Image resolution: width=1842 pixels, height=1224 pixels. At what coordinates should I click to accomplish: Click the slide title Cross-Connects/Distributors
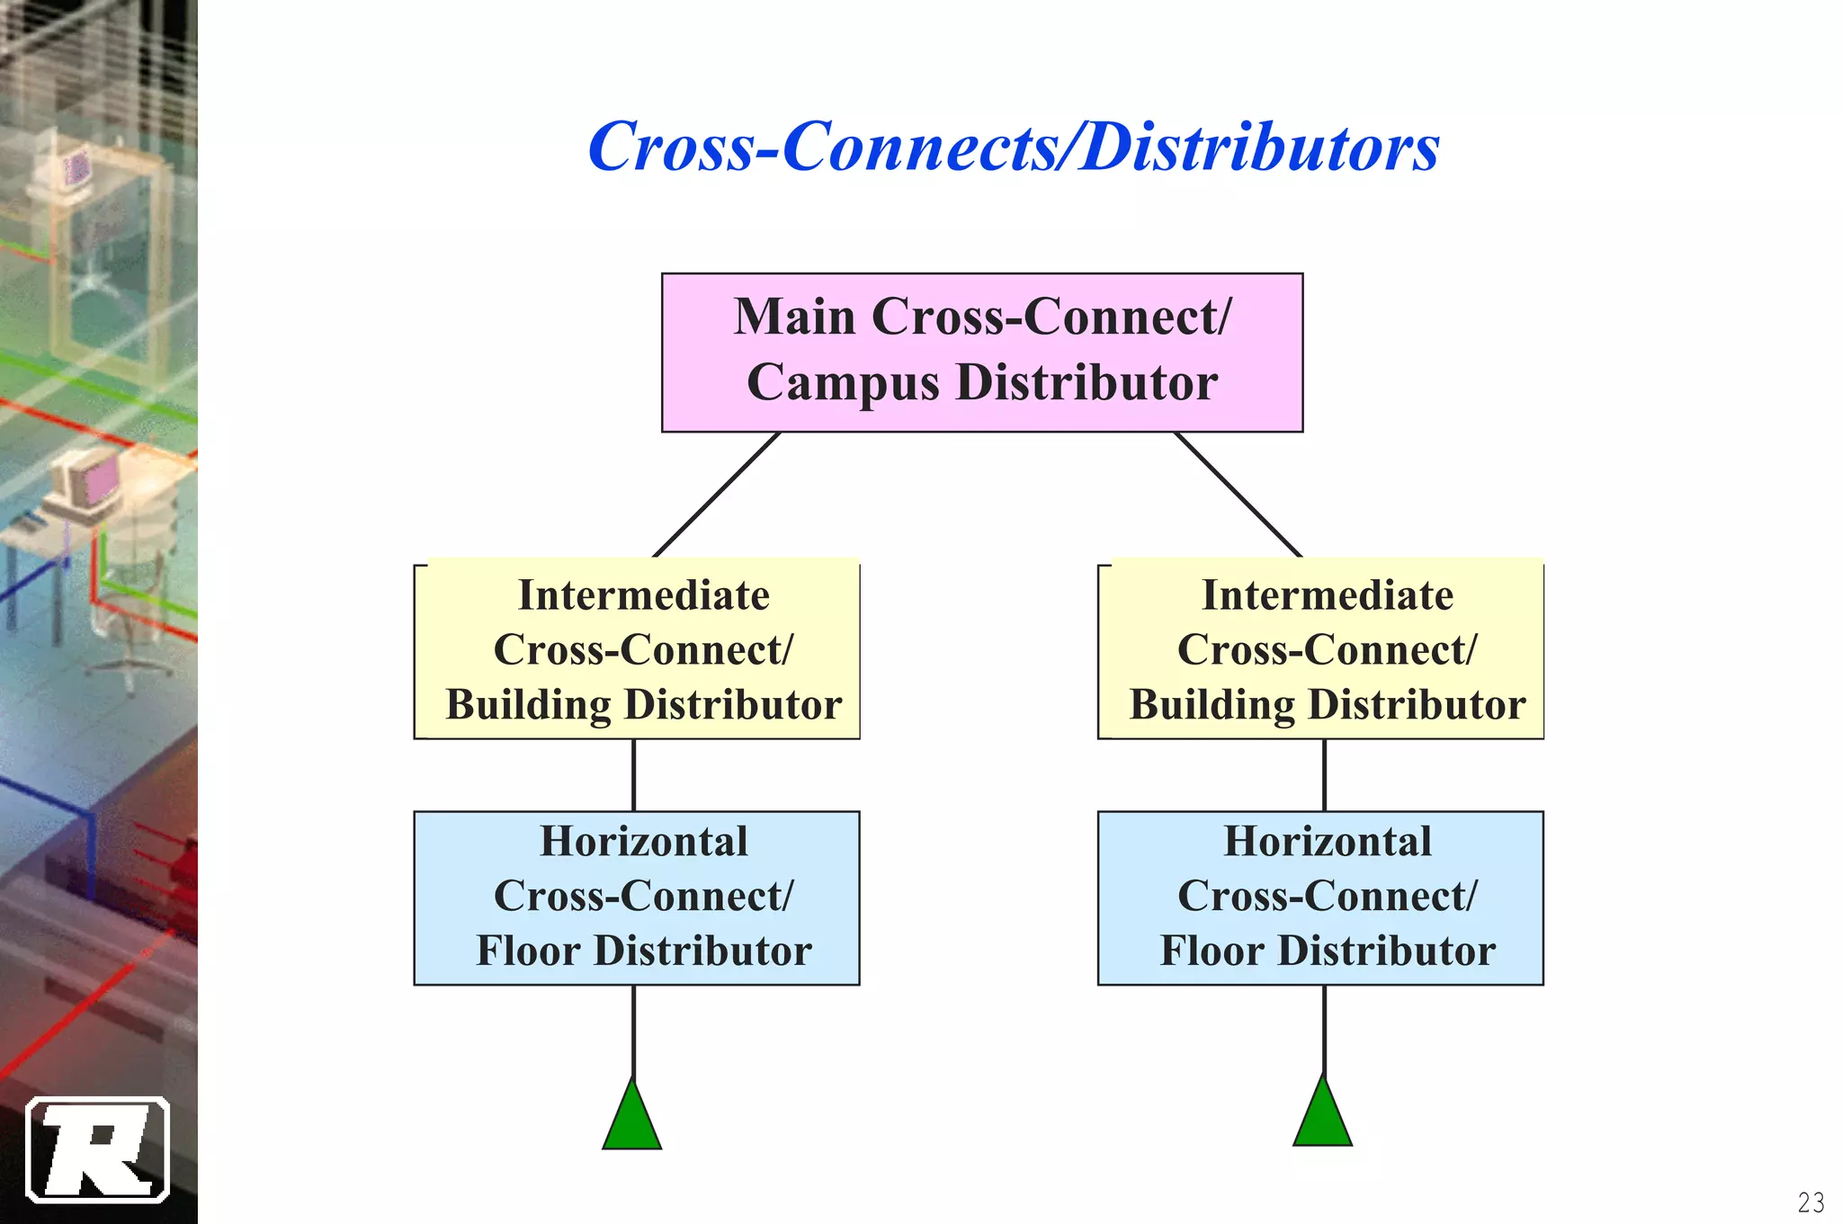point(1013,147)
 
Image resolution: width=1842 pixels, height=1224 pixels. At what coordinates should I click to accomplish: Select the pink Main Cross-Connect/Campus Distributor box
point(981,352)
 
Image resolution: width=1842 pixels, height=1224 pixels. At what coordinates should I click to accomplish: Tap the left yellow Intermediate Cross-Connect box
point(637,649)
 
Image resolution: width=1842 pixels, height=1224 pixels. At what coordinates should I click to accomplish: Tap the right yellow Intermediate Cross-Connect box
point(1320,649)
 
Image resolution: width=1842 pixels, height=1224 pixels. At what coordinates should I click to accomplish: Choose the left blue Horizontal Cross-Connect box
point(637,898)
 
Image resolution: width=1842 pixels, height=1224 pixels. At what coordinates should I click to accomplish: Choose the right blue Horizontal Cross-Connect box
point(1320,898)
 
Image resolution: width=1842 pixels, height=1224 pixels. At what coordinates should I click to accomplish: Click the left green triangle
point(632,1120)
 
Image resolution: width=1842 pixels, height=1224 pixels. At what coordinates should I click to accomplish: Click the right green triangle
point(1322,1116)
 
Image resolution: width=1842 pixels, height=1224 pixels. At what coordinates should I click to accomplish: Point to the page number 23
point(1811,1202)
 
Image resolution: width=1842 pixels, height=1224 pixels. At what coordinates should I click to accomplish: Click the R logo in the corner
point(97,1149)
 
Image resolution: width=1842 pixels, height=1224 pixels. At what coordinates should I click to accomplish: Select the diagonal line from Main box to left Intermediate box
point(717,495)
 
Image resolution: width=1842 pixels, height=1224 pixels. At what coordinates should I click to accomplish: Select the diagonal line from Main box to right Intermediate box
point(1238,495)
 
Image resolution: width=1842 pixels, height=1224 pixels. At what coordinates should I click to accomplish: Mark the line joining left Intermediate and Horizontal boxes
point(634,775)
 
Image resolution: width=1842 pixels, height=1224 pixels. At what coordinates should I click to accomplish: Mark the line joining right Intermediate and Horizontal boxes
point(1324,775)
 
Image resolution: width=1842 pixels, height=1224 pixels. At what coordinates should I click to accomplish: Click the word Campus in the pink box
point(843,383)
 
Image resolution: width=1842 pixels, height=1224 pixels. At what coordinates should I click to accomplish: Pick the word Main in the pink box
point(794,317)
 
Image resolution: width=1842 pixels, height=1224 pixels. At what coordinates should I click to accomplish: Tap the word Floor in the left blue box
point(528,951)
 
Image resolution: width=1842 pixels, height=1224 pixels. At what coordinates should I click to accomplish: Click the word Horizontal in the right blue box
point(1328,842)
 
